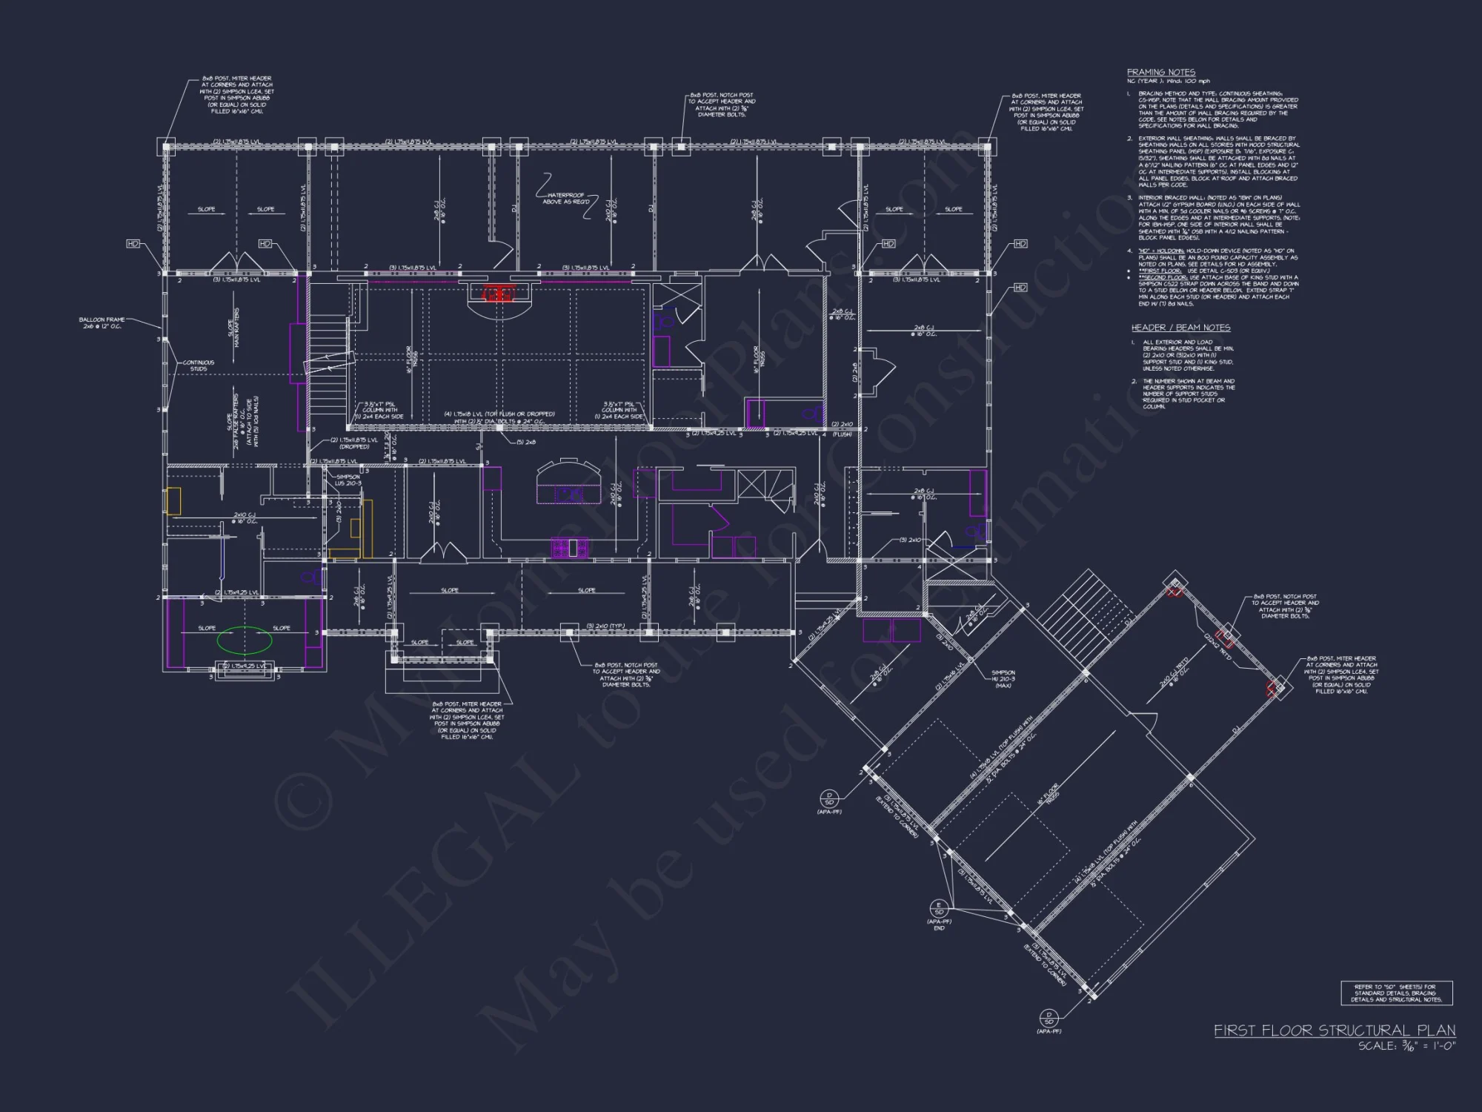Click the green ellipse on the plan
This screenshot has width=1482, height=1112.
pos(244,640)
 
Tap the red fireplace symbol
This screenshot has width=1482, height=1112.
pos(499,294)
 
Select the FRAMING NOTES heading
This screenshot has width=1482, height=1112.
pos(1161,72)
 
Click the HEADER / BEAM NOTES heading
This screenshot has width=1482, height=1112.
pos(1180,328)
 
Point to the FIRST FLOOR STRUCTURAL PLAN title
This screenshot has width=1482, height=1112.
pos(1334,1030)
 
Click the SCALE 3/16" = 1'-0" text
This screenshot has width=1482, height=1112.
pos(1406,1046)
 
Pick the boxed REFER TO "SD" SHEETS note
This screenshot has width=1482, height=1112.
pos(1396,993)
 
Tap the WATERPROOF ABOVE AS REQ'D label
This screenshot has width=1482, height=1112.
pos(566,199)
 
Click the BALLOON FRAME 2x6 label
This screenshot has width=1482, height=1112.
pos(102,322)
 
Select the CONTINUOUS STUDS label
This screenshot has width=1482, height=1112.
pos(199,365)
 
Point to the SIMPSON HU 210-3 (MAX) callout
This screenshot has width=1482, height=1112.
pos(1003,679)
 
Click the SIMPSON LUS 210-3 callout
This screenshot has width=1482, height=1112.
pos(348,480)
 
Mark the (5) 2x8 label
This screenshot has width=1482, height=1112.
pos(525,442)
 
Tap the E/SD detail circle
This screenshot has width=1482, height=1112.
pos(939,908)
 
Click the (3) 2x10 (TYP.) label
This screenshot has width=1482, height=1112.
pos(605,626)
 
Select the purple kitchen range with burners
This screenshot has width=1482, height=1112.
pos(570,548)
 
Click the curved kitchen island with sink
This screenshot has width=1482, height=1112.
pos(568,483)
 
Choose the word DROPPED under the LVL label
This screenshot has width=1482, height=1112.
pos(354,447)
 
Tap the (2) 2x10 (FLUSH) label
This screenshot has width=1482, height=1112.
pos(843,429)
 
